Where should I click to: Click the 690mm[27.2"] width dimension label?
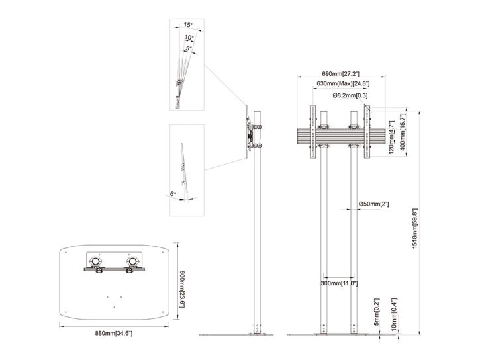pyautogui.click(x=340, y=73)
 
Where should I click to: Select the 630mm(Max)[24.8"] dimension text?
pyautogui.click(x=342, y=83)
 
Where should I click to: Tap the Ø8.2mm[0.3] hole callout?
pyautogui.click(x=350, y=95)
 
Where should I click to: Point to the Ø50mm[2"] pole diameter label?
pyautogui.click(x=373, y=204)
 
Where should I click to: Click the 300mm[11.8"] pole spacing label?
pyautogui.click(x=339, y=283)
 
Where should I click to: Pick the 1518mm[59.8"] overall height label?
pyautogui.click(x=415, y=229)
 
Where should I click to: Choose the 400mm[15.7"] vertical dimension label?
pyautogui.click(x=403, y=130)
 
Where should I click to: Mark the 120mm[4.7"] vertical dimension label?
pyautogui.click(x=392, y=138)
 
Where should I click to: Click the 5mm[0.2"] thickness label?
pyautogui.click(x=377, y=312)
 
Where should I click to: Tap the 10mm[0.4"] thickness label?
pyautogui.click(x=394, y=314)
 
